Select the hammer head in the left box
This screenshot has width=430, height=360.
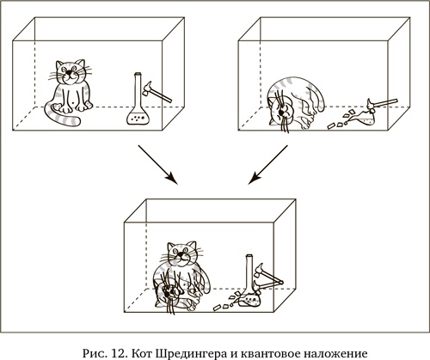pos(148,88)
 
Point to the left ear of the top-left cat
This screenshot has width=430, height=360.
pos(59,64)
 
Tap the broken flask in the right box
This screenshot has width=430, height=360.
pos(364,118)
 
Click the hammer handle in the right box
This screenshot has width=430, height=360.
pos(385,102)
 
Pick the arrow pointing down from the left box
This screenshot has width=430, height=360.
pos(158,164)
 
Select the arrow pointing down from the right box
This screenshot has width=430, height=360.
pos(267,164)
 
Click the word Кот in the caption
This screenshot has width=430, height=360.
pos(143,353)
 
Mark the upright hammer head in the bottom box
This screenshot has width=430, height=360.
pos(259,270)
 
